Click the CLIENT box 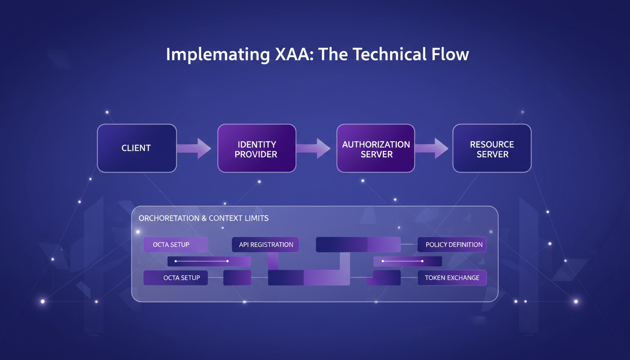[x=136, y=148]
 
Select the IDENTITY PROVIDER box [x=256, y=148]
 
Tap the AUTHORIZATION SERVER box [x=376, y=148]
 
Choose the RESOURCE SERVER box [x=492, y=148]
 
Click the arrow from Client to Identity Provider [x=194, y=148]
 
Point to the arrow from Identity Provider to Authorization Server [x=314, y=148]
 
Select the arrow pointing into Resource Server [x=432, y=148]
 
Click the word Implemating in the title [x=217, y=54]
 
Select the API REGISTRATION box [x=266, y=245]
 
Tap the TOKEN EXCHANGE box [x=452, y=278]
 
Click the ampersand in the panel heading [x=203, y=218]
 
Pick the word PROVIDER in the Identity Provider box [x=256, y=154]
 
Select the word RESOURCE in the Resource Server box [x=492, y=144]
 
